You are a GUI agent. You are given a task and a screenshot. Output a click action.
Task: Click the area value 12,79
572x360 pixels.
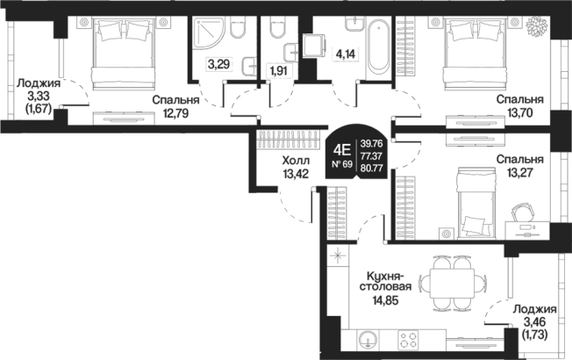175,113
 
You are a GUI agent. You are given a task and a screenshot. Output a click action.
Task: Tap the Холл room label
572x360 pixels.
296,161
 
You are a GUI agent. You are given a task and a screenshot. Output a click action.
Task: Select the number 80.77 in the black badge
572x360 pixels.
371,169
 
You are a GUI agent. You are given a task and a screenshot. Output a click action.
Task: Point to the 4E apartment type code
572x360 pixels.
342,149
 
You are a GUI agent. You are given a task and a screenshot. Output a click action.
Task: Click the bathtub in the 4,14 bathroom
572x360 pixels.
378,47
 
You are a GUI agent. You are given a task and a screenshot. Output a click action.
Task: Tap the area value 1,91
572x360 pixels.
279,70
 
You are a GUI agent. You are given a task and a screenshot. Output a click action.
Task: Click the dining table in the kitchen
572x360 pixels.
453,283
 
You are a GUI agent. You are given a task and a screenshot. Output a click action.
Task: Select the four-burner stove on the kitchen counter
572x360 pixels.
407,339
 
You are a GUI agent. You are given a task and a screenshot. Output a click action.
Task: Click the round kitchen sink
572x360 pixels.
368,339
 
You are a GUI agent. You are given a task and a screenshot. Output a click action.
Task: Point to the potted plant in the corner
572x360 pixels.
538,25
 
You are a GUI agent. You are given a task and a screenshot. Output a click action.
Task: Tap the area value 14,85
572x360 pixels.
385,300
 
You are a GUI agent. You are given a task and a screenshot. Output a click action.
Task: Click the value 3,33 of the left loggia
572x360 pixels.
38,96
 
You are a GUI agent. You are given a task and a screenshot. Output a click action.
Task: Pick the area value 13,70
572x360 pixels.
520,113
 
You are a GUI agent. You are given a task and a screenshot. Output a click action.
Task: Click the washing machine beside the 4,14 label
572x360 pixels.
314,45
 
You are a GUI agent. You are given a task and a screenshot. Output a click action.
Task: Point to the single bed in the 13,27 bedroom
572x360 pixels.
475,201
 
